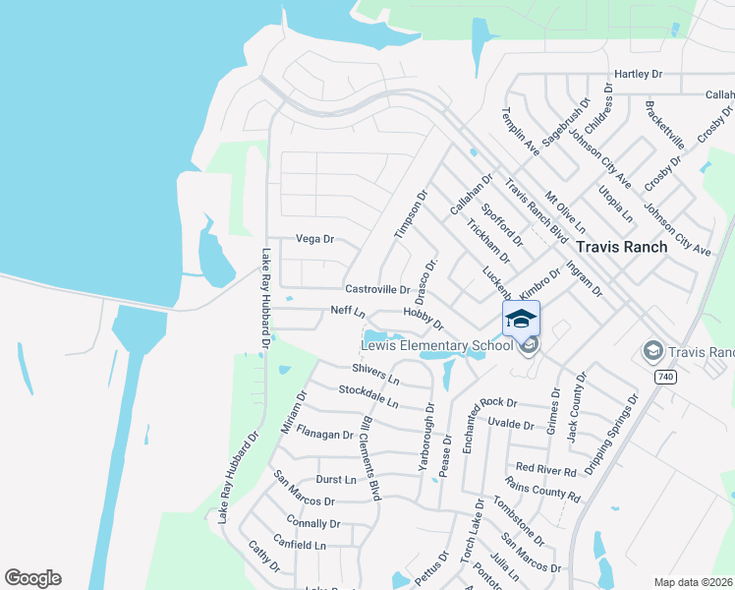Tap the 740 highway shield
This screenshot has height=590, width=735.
[x=666, y=377]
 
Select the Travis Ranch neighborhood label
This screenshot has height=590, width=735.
[x=621, y=247]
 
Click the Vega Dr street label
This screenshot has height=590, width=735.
[x=315, y=239]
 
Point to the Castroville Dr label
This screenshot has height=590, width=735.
[x=377, y=289]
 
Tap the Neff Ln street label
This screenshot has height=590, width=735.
[x=348, y=312]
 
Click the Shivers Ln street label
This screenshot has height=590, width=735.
[x=376, y=373]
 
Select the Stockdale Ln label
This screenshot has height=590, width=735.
[x=368, y=396]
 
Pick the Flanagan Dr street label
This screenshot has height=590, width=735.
[x=324, y=434]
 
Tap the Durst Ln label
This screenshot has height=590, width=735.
[x=336, y=479]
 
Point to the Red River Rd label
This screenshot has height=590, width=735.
[x=545, y=470]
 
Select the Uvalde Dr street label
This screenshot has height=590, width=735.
[x=510, y=425]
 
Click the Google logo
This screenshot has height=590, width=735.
[x=32, y=578]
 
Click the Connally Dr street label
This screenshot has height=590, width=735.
[x=313, y=523]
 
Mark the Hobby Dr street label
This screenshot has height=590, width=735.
[x=424, y=318]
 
